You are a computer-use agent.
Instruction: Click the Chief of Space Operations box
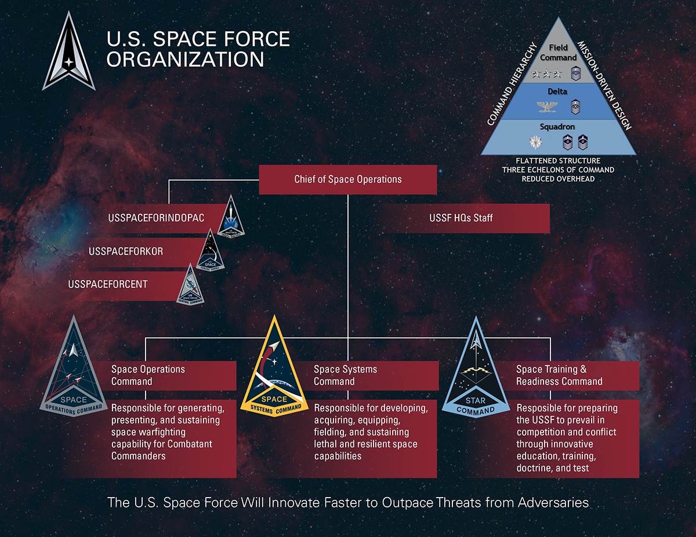tap(347, 180)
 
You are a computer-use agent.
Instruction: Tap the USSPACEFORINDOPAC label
tap(156, 218)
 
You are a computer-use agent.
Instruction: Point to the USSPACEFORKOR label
tap(126, 251)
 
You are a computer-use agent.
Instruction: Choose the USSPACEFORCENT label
tap(108, 284)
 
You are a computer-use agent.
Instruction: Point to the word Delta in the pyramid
tap(558, 92)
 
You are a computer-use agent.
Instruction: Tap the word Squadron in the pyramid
tap(558, 126)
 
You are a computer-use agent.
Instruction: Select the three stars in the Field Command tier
tap(545, 73)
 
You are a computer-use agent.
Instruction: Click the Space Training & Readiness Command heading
tap(559, 375)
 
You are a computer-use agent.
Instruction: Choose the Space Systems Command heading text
tap(345, 375)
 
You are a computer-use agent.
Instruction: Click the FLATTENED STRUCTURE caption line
tap(558, 160)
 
